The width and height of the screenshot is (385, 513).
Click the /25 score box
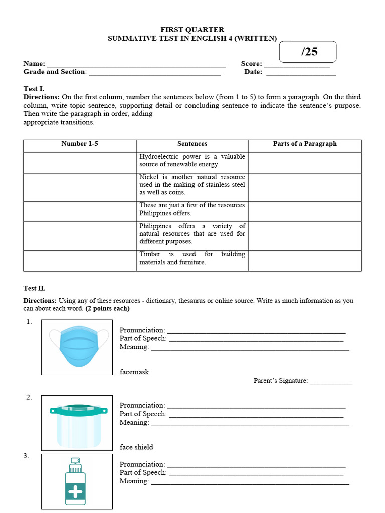click(308, 52)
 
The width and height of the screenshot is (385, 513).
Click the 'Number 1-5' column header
click(80, 144)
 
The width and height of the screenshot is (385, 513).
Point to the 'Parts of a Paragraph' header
click(305, 144)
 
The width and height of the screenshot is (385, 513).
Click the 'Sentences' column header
click(192, 144)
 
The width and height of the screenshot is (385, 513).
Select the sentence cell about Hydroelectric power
click(192, 160)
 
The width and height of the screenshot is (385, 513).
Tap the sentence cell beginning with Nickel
click(192, 185)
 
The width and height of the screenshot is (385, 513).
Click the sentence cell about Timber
click(192, 258)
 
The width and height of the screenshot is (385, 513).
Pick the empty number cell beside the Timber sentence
click(80, 261)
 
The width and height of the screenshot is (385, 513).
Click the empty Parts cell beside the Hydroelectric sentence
click(305, 163)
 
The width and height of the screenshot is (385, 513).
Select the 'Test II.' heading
click(35, 288)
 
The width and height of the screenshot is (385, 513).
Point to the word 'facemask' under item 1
click(134, 372)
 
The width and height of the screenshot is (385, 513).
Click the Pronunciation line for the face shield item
click(256, 407)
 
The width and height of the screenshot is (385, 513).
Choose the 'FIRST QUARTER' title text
click(192, 30)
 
